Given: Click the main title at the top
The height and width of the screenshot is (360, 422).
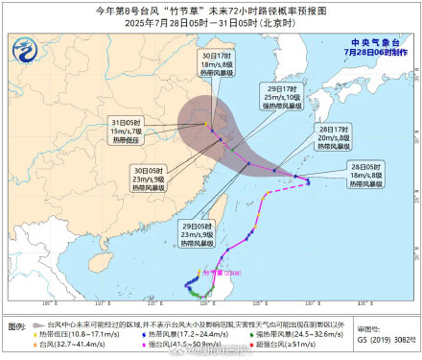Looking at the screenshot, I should pyautogui.click(x=211, y=11).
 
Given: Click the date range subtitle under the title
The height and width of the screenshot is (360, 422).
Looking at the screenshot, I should pyautogui.click(x=211, y=23).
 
